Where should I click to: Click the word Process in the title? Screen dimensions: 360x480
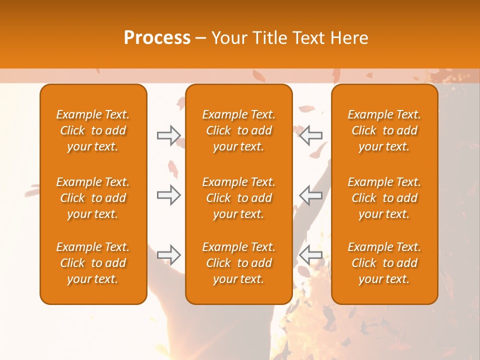pyautogui.click(x=157, y=38)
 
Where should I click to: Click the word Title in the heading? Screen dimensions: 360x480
pyautogui.click(x=270, y=38)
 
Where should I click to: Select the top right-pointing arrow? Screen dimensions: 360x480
pyautogui.click(x=168, y=135)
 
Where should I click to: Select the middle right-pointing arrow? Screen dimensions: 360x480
pyautogui.click(x=168, y=195)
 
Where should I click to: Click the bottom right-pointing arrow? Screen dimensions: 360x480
pyautogui.click(x=168, y=255)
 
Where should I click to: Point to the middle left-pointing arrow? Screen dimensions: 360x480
pyautogui.click(x=310, y=195)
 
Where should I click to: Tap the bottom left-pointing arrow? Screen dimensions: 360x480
pyautogui.click(x=310, y=255)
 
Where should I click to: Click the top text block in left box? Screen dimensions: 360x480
pyautogui.click(x=93, y=130)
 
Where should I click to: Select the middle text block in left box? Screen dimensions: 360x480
pyautogui.click(x=93, y=198)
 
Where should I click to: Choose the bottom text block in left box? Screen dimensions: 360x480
pyautogui.click(x=93, y=263)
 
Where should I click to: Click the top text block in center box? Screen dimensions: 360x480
pyautogui.click(x=239, y=130)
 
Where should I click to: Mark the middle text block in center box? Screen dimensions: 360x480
pyautogui.click(x=239, y=198)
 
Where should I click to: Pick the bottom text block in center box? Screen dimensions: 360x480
pyautogui.click(x=239, y=263)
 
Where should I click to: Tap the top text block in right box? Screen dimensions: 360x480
pyautogui.click(x=384, y=130)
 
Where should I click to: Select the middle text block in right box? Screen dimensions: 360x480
pyautogui.click(x=384, y=198)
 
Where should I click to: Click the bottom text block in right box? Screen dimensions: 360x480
pyautogui.click(x=384, y=263)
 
